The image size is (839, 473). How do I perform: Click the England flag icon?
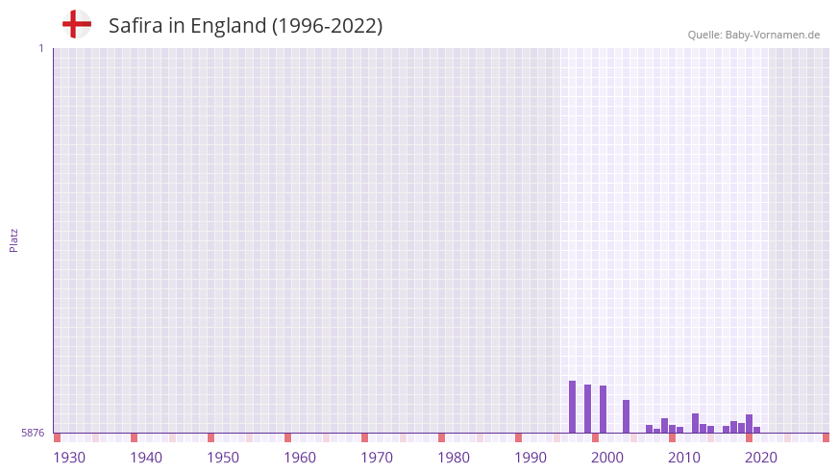[x=76, y=24]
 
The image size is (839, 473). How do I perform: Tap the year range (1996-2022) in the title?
[x=327, y=26]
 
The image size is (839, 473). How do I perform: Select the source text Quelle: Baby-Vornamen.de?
[x=753, y=35]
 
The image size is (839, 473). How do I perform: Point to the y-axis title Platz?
[x=13, y=239]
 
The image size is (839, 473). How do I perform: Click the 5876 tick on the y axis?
[x=33, y=433]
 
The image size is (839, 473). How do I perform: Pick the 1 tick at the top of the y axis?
[x=41, y=48]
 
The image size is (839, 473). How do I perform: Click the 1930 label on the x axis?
[x=69, y=458]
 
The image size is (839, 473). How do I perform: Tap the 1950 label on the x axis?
[x=223, y=458]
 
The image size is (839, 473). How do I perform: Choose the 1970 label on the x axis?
[x=377, y=458]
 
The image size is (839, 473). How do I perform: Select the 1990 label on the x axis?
[x=531, y=458]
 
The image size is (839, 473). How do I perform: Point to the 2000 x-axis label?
[x=607, y=458]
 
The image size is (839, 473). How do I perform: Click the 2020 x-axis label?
[x=761, y=458]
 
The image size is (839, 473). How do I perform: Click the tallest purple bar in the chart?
[x=572, y=407]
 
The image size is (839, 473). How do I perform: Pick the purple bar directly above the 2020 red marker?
[x=749, y=424]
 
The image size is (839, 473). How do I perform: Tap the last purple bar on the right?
[x=756, y=430]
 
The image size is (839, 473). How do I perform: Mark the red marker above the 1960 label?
[x=287, y=437]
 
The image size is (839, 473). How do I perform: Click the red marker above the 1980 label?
[x=441, y=437]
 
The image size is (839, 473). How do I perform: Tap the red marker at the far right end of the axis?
[x=826, y=437]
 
